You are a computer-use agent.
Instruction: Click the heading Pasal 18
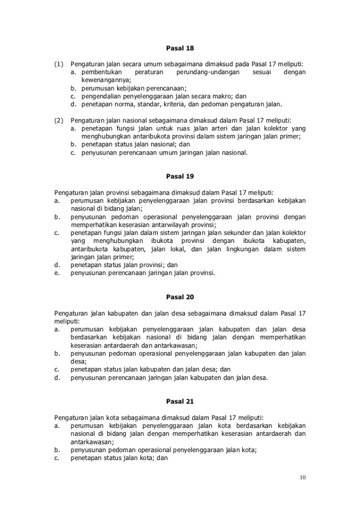click(x=180, y=49)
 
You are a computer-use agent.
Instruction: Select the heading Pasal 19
click(x=180, y=177)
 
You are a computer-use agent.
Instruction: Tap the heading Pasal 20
click(x=180, y=297)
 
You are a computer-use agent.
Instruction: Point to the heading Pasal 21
click(x=180, y=401)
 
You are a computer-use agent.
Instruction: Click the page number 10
click(x=302, y=477)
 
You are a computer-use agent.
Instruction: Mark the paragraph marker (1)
click(x=59, y=64)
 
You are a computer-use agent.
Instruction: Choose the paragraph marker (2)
click(x=59, y=120)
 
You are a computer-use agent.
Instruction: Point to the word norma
click(x=125, y=104)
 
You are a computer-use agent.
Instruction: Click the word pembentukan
click(x=102, y=72)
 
